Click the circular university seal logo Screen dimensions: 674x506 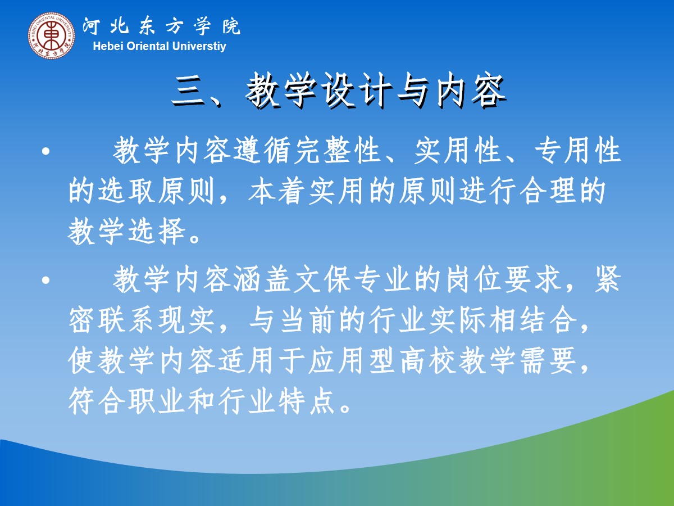52,35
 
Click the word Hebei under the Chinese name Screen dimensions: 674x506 108,46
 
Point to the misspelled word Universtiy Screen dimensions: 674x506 199,47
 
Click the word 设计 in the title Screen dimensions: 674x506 358,91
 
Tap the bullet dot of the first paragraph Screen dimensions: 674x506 46,151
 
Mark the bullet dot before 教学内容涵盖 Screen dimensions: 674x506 46,280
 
